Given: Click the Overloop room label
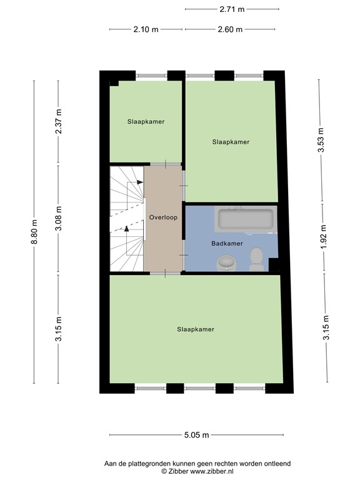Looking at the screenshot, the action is tap(163, 217).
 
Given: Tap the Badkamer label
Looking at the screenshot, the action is tap(227, 243).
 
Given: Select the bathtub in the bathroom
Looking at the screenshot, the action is tap(246, 219).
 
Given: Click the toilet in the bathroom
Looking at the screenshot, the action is tap(256, 259).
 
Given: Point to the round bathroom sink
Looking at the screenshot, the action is tap(226, 263).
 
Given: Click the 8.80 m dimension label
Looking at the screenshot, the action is tap(34, 232).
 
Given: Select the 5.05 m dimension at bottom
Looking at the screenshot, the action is tap(196, 435).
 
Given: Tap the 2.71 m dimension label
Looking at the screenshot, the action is tap(232, 9).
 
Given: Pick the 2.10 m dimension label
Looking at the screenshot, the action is tap(146, 29).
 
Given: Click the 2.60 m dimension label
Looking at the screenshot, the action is tap(230, 29).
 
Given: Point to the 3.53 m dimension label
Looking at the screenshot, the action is tap(321, 140).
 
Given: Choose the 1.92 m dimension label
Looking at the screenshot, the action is tap(324, 237).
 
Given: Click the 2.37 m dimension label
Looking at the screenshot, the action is tap(59, 121).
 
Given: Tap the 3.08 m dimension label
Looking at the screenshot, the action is tap(59, 218).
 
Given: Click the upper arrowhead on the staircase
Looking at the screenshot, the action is tap(140, 182).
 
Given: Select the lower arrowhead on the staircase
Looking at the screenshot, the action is tap(126, 228).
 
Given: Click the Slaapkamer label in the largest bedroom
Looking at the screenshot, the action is tap(196, 329).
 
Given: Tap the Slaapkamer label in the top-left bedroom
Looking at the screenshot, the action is tap(146, 121).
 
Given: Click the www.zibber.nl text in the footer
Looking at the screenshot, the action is tap(212, 471).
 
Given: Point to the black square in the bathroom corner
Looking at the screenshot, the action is tap(273, 265).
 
